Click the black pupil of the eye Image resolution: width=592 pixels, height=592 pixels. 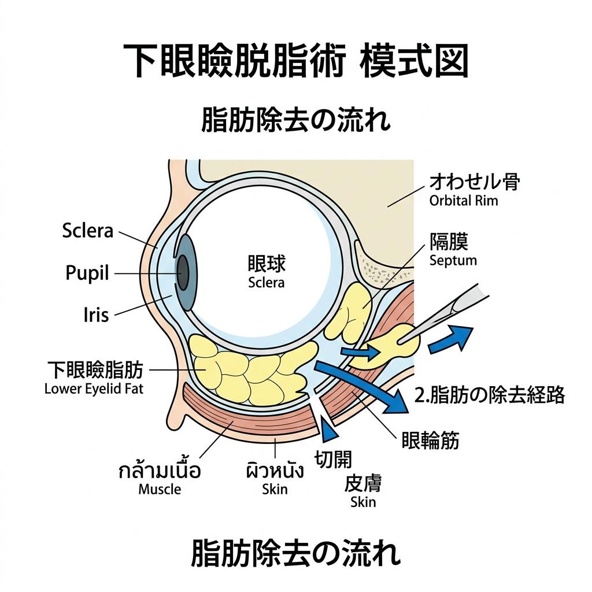183,272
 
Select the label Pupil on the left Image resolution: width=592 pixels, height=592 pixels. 87,273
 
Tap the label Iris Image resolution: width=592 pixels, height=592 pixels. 96,316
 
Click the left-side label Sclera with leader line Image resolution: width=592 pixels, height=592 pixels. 87,231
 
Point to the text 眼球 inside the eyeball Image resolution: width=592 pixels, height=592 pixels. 267,265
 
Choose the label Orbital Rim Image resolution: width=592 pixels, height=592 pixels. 464,201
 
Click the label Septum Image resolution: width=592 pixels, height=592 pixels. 453,260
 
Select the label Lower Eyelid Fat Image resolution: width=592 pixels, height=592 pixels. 94,388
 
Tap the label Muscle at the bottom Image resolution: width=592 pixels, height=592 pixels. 160,489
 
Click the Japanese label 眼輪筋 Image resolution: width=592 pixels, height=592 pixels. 430,441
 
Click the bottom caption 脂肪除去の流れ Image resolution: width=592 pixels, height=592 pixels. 295,553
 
